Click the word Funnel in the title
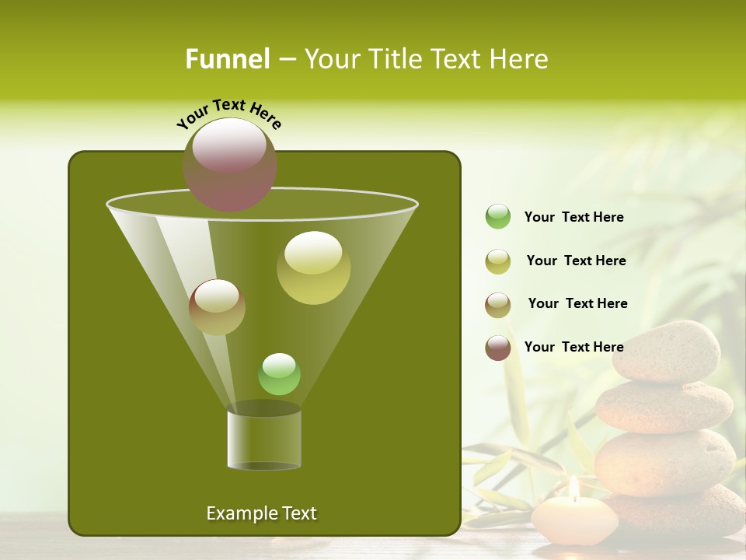coord(228,59)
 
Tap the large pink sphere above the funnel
coord(230,164)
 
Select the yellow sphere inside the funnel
coord(313,268)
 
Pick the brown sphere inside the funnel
coord(217,307)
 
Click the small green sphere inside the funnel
coord(279,374)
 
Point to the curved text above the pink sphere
coord(228,114)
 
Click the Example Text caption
coord(261,513)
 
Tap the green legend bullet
coord(498,217)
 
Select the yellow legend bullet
coord(498,261)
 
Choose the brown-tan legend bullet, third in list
coord(498,305)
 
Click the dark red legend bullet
coord(498,348)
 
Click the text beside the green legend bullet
coord(573,217)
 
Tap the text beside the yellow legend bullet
coord(576,261)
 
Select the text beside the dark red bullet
coord(573,347)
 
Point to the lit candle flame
coord(573,487)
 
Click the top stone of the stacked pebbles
coord(666,352)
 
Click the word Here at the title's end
coord(520,59)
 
